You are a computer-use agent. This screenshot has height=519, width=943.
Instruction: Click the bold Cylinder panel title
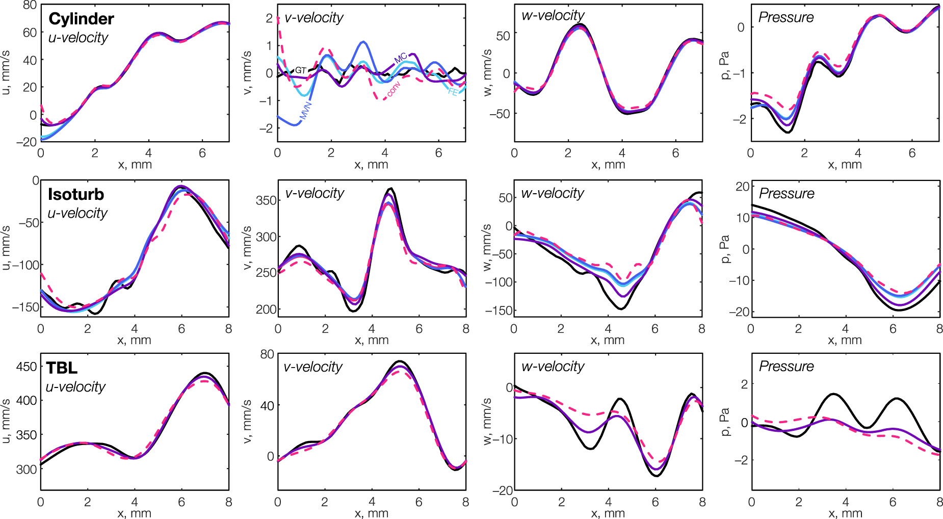coord(81,19)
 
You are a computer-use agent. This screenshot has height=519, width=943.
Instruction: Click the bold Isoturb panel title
coord(76,194)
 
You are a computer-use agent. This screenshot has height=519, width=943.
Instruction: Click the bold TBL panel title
coord(62,368)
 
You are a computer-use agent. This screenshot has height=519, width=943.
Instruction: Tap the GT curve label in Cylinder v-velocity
coord(301,70)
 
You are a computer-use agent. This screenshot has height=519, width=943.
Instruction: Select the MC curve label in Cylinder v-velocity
coord(401,58)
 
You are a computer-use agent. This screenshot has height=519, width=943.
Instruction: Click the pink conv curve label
coord(394,89)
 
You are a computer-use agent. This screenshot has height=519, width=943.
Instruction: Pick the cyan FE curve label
coord(453,92)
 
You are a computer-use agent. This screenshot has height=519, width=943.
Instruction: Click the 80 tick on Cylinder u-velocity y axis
coord(30,5)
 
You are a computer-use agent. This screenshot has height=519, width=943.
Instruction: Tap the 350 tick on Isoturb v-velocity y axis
coord(266,200)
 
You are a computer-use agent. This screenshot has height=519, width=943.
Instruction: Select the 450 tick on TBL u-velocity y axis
coord(27,367)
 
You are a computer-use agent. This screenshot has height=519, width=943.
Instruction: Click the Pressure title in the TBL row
coord(786,367)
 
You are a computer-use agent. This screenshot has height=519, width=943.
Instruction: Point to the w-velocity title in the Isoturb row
coord(552,193)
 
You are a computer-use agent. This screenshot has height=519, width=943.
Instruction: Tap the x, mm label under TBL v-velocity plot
coord(371,513)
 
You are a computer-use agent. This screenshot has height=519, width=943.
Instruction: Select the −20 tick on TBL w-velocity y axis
coord(503,490)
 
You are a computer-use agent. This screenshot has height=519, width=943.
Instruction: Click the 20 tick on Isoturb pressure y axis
coord(742,187)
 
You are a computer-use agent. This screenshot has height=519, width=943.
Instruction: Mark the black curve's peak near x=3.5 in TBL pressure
coord(833,394)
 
